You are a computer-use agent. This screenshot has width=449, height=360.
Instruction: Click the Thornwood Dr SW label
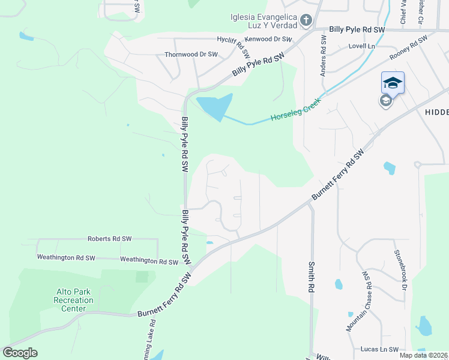pyautogui.click(x=191, y=54)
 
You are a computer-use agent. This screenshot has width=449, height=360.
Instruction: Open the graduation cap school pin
pyautogui.click(x=393, y=83)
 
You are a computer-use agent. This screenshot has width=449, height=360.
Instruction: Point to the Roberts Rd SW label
pyautogui.click(x=109, y=238)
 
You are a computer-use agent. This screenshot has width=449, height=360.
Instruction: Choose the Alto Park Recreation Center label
pyautogui.click(x=73, y=300)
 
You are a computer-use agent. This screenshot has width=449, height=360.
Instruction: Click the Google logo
pyautogui.click(x=20, y=352)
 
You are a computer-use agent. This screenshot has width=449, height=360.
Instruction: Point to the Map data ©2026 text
pyautogui.click(x=423, y=355)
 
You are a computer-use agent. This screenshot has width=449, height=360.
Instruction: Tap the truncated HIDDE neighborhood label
pyautogui.click(x=436, y=112)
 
